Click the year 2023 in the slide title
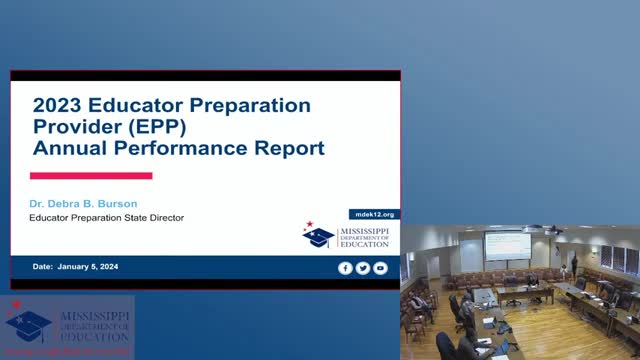(x=61, y=104)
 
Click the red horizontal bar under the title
(x=91, y=175)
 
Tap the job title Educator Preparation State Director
(x=107, y=218)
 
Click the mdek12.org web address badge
(x=376, y=214)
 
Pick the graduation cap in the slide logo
(x=318, y=237)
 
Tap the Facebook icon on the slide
(x=345, y=268)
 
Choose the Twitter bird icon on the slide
(x=362, y=268)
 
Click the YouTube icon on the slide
(x=379, y=268)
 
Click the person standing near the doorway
(x=574, y=267)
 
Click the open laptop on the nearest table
(x=499, y=346)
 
